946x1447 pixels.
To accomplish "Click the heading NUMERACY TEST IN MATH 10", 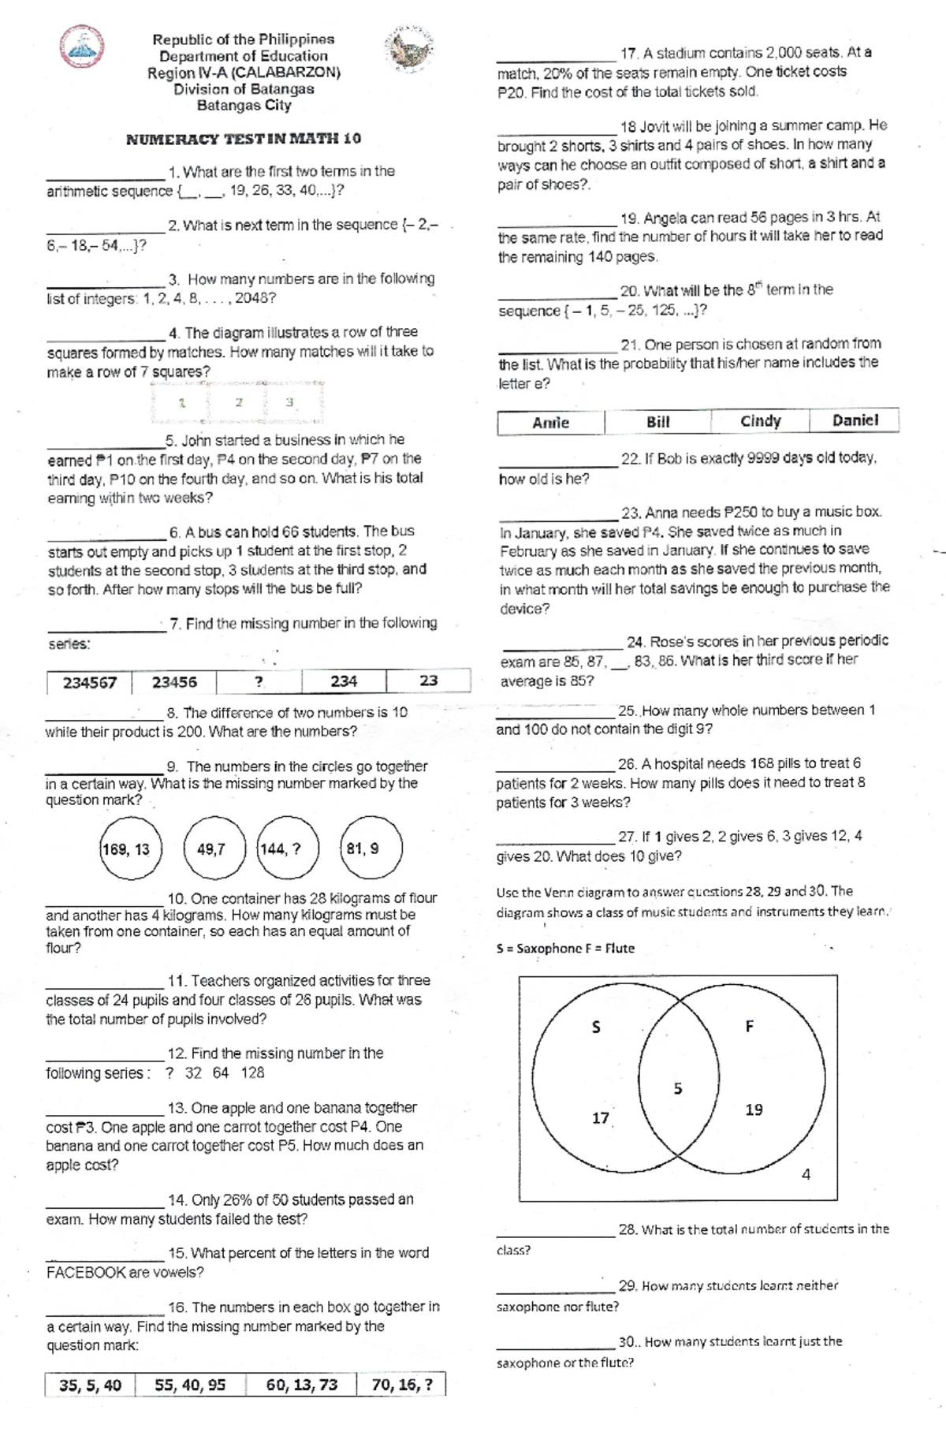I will pos(244,139).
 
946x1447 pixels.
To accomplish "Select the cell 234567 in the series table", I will pos(89,682).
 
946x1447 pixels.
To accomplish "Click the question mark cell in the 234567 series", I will pos(259,682).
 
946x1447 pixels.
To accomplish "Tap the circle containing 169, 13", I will pos(131,848).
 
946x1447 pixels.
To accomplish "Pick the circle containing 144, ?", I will pos(289,848).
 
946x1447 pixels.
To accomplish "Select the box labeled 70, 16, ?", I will pos(401,1385).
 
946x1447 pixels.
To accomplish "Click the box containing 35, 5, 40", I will pos(90,1385).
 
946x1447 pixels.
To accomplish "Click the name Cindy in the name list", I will pos(760,421).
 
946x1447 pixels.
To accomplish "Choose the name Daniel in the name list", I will pos(855,420).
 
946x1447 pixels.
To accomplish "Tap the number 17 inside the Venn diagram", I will pos(600,1118).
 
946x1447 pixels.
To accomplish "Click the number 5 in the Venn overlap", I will pos(678,1089).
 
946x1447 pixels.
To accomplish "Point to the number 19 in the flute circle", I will pos(754,1109).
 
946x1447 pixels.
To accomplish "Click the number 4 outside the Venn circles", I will pos(806,1174).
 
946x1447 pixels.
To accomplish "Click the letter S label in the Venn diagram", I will pos(596,1027).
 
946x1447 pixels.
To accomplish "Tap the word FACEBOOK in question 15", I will pos(86,1272).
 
